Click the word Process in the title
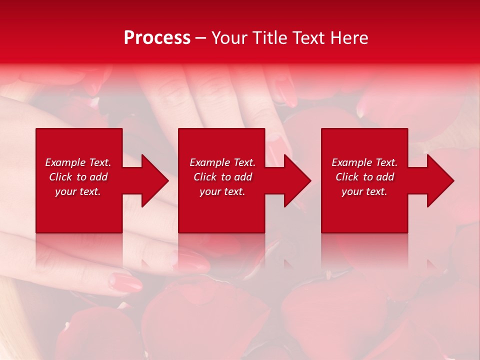coord(157,38)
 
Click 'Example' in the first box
coord(65,162)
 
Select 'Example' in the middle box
coord(210,162)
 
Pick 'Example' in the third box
coord(352,162)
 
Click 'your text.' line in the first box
coord(78,191)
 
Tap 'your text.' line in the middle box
coord(222,191)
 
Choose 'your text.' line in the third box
coord(364,191)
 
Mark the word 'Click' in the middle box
coord(205,177)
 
